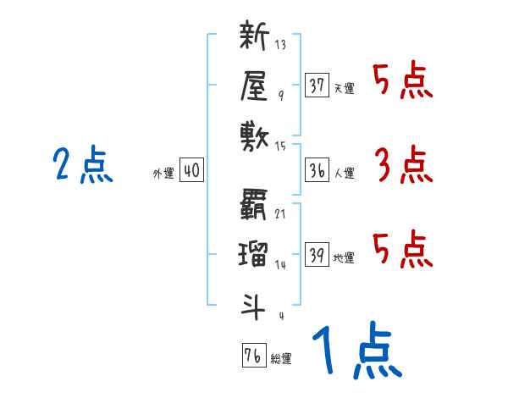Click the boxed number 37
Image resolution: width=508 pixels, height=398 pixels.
click(x=317, y=85)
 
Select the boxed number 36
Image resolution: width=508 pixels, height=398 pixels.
click(x=317, y=170)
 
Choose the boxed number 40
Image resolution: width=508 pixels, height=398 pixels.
click(x=191, y=170)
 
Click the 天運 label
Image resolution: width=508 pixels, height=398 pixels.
click(x=344, y=88)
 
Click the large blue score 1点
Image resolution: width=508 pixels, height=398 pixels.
click(x=356, y=351)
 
